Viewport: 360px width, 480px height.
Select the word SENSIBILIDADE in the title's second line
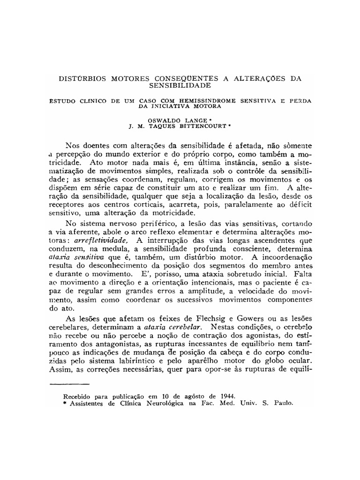coord(180,86)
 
